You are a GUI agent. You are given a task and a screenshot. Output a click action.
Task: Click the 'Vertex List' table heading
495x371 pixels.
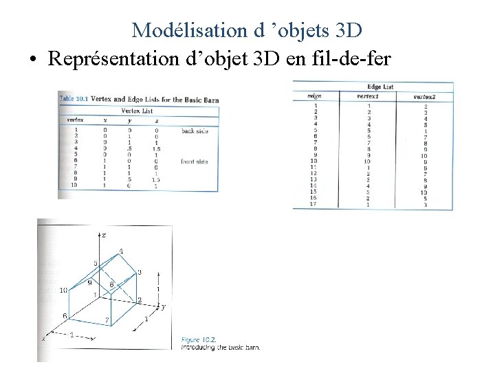tap(137, 111)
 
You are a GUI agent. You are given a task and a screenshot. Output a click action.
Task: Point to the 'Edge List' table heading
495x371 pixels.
tap(380, 87)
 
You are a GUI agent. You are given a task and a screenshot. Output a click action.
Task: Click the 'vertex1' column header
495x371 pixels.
tap(368, 96)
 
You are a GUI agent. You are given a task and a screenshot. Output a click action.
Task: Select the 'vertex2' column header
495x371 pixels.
tap(425, 96)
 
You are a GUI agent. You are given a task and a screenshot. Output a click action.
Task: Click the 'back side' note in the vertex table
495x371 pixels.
tap(195, 131)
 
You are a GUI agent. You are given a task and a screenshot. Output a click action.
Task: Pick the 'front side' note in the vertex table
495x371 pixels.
tap(195, 161)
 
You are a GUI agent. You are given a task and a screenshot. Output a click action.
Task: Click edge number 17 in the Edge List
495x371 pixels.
tap(313, 204)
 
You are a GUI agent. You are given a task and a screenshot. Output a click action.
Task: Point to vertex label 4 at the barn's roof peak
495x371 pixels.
tap(121, 251)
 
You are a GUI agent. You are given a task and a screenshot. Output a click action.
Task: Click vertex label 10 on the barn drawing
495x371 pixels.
tap(63, 291)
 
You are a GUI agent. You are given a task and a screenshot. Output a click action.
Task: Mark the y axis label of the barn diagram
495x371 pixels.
tap(162, 306)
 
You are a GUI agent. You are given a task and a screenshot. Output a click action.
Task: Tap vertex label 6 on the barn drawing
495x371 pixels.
tap(65, 315)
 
